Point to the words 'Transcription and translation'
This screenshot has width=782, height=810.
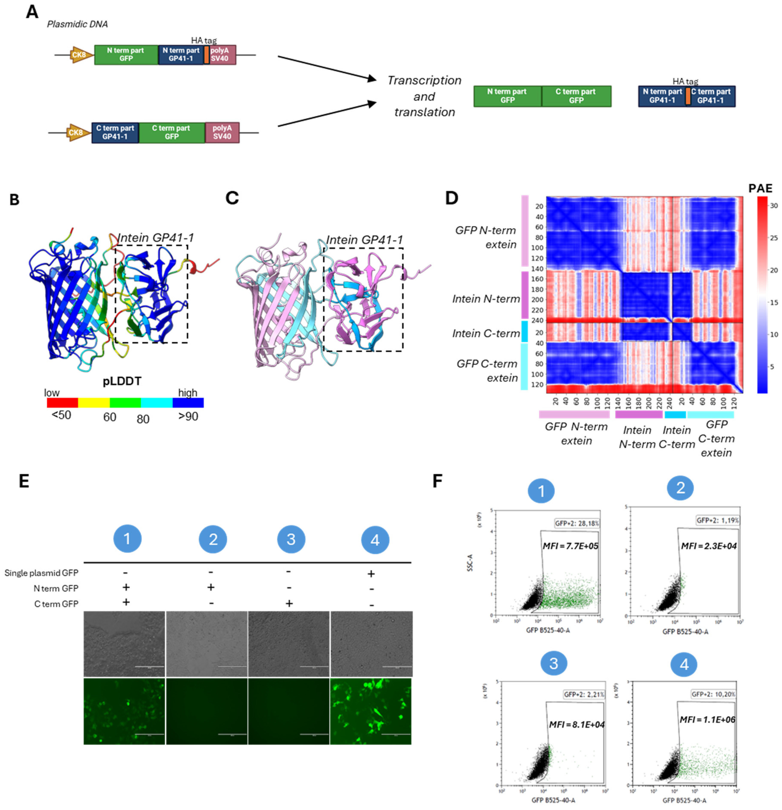(x=424, y=96)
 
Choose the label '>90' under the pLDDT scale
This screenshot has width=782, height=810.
(x=188, y=417)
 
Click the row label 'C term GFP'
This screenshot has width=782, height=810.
(x=56, y=604)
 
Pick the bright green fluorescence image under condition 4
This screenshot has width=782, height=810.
(x=371, y=711)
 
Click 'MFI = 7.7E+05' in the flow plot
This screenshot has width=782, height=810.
(x=570, y=546)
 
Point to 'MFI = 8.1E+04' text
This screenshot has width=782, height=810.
(x=576, y=724)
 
